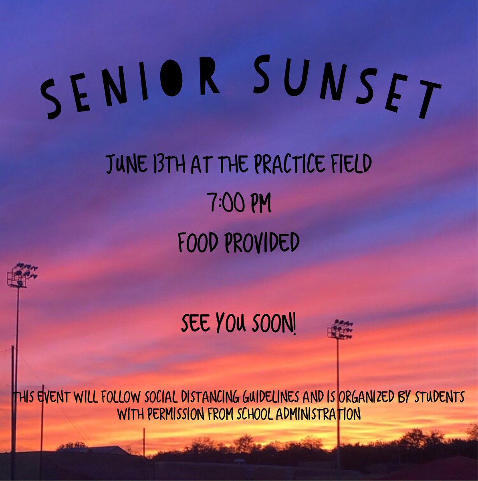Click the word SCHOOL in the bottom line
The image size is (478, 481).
(x=248, y=414)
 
